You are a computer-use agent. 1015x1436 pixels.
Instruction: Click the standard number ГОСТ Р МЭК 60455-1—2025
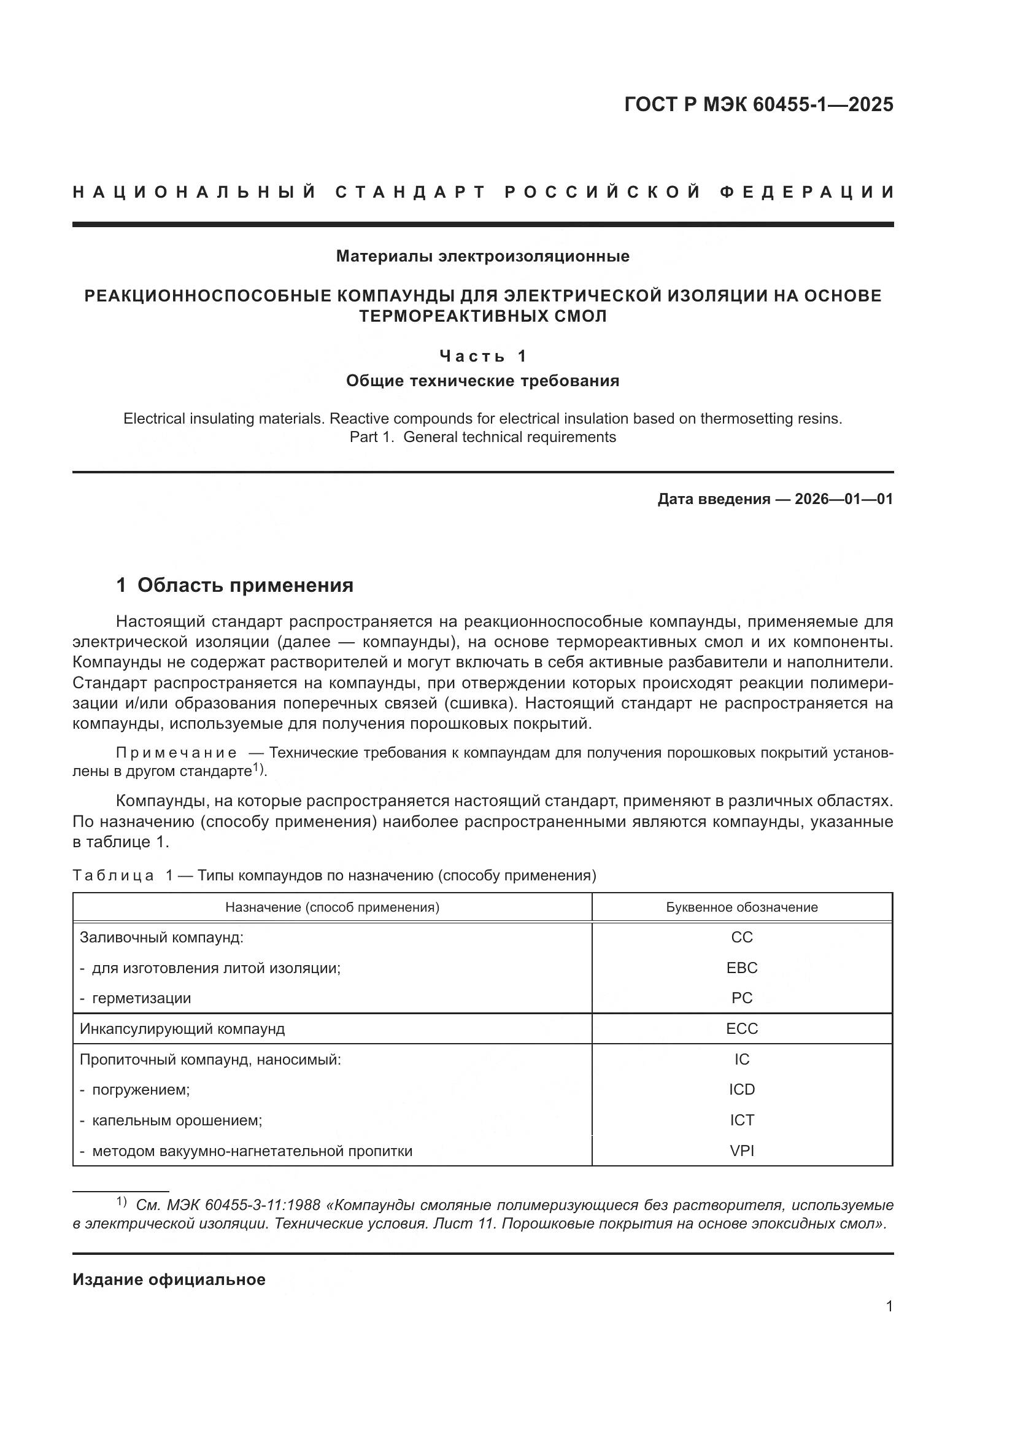pyautogui.click(x=758, y=104)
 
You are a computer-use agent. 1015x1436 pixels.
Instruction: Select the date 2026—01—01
pyautogui.click(x=844, y=499)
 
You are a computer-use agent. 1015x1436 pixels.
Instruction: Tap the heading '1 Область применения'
pyautogui.click(x=235, y=586)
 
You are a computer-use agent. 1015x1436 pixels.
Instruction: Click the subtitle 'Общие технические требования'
pyautogui.click(x=482, y=381)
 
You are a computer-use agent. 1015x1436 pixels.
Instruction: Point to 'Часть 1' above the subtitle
pyautogui.click(x=482, y=357)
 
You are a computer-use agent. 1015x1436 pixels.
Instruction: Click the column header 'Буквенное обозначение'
pyautogui.click(x=742, y=907)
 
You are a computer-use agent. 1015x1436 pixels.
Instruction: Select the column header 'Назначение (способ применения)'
pyautogui.click(x=332, y=907)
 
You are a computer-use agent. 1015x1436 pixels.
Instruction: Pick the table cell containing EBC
pyautogui.click(x=742, y=968)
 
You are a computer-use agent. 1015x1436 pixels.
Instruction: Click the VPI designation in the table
pyautogui.click(x=742, y=1151)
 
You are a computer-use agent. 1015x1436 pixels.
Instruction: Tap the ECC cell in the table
pyautogui.click(x=742, y=1029)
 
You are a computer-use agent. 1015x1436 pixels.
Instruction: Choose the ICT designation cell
pyautogui.click(x=742, y=1120)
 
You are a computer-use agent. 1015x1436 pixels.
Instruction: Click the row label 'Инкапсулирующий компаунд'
pyautogui.click(x=182, y=1029)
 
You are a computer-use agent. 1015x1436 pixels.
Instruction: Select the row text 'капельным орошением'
pyautogui.click(x=177, y=1120)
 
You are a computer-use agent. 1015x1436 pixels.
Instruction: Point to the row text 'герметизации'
pyautogui.click(x=141, y=998)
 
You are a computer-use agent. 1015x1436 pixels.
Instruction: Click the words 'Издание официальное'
pyautogui.click(x=169, y=1279)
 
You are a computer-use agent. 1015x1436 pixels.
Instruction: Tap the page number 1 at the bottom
pyautogui.click(x=889, y=1306)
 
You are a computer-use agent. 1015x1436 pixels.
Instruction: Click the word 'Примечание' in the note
pyautogui.click(x=176, y=753)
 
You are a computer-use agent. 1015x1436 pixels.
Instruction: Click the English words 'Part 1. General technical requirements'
pyautogui.click(x=482, y=437)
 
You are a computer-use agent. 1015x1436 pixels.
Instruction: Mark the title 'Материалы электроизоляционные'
pyautogui.click(x=482, y=256)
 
